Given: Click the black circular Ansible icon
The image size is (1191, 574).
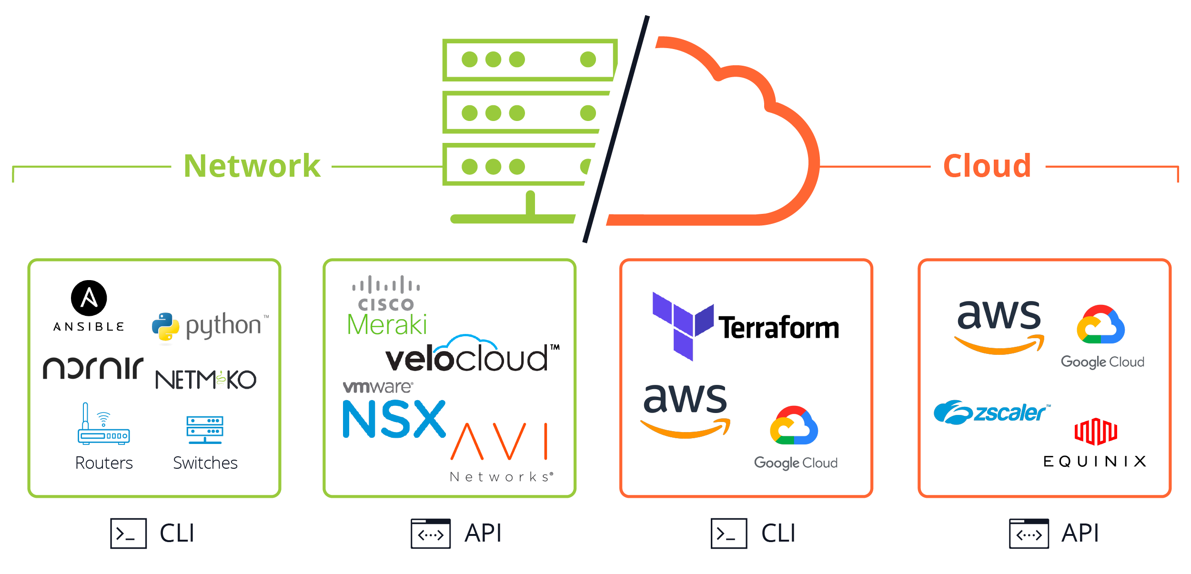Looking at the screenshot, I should click(89, 298).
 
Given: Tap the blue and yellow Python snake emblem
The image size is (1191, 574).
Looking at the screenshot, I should click(165, 327).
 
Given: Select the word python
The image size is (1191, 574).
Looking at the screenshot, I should click(224, 326).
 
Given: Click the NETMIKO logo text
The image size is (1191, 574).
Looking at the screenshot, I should click(206, 380).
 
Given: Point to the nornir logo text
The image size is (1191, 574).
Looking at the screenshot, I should click(93, 368).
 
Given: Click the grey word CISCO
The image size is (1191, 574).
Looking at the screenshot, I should click(386, 304).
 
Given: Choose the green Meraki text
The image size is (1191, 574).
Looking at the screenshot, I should click(386, 324).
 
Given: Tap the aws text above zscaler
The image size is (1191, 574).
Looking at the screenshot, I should click(999, 315).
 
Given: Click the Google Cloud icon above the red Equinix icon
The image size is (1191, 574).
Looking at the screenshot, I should click(1100, 324).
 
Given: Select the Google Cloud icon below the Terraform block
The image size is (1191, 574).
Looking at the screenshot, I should click(794, 425).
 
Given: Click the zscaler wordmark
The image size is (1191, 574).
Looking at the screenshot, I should click(1010, 413).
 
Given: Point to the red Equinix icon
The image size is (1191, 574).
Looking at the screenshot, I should click(1094, 432).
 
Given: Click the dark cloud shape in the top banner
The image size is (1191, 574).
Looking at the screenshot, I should click(715, 143).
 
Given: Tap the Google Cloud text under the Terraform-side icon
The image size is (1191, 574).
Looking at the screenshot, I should click(796, 463).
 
